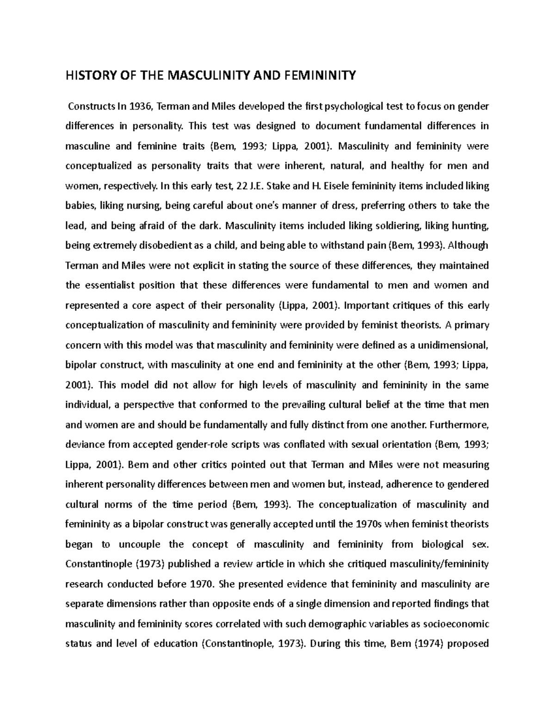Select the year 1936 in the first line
pyautogui.click(x=140, y=107)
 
